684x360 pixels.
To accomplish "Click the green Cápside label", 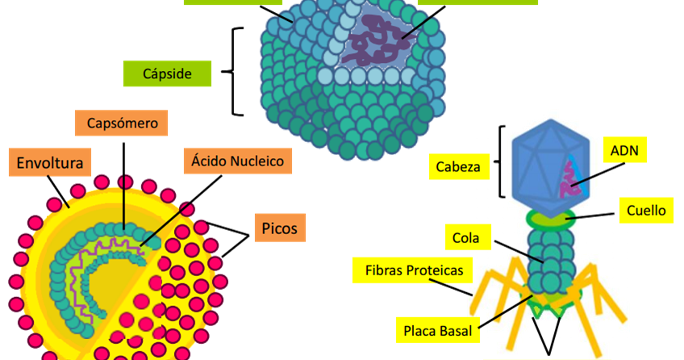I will click(x=167, y=73).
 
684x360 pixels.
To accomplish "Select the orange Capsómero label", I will click(x=121, y=124).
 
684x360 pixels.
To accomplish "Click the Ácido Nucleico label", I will click(x=237, y=161).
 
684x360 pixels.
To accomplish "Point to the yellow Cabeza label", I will click(x=457, y=168).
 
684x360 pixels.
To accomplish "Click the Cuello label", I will click(x=646, y=211).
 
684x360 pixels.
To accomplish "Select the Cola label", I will click(x=465, y=238).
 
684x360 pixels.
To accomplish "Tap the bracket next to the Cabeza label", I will click(x=503, y=161).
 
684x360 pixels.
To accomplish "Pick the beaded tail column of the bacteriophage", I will click(x=548, y=258).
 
